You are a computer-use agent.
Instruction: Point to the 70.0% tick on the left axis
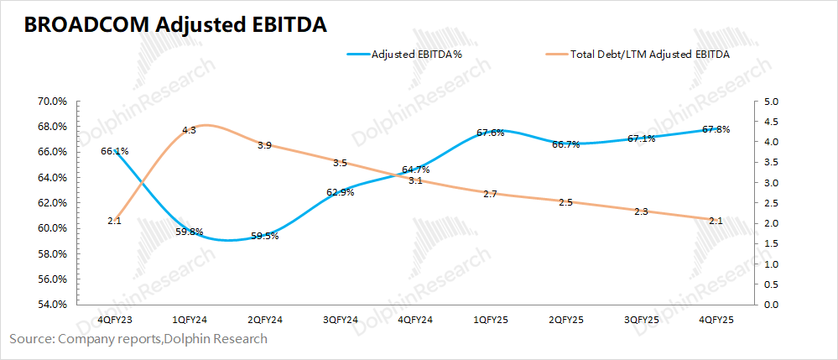click(x=53, y=102)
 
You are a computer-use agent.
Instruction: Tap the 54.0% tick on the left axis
click(x=53, y=305)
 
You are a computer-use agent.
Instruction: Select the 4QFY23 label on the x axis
click(x=114, y=320)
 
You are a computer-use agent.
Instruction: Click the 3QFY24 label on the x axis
click(x=340, y=320)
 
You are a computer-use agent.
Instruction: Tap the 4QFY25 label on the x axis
click(x=716, y=320)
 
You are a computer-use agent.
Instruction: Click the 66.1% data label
click(x=114, y=151)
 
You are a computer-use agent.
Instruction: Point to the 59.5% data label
click(x=264, y=236)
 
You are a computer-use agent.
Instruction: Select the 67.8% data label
click(x=715, y=129)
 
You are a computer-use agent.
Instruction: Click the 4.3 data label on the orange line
click(x=189, y=130)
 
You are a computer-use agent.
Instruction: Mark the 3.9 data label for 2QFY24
click(x=264, y=145)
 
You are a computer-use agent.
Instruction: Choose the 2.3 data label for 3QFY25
click(x=641, y=211)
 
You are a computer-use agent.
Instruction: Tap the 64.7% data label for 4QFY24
click(x=415, y=170)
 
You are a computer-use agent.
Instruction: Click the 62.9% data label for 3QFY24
click(x=340, y=192)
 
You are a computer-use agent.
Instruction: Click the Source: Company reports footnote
click(x=138, y=339)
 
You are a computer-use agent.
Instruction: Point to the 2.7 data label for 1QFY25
click(x=490, y=194)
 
